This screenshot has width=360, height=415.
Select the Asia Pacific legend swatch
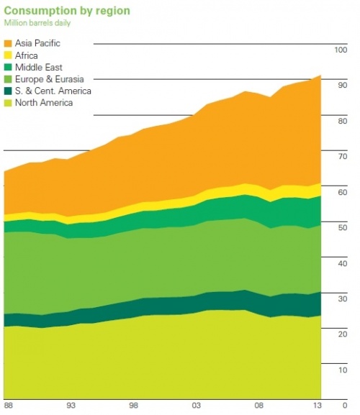click(x=8, y=43)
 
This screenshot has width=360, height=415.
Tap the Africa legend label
click(x=27, y=55)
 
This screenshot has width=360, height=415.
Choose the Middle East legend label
click(x=36, y=68)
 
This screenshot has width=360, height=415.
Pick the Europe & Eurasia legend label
click(x=46, y=79)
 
